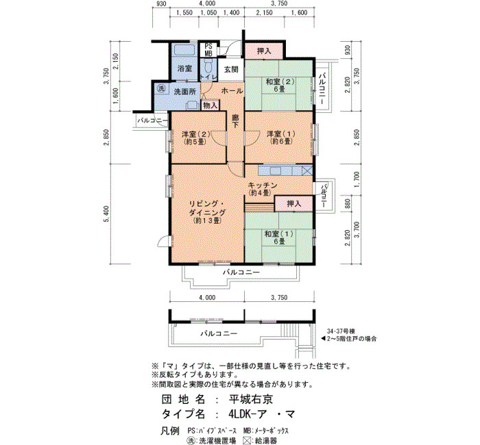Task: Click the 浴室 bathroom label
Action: click(x=185, y=68)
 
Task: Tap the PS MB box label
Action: click(x=208, y=50)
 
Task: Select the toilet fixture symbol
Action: click(x=208, y=65)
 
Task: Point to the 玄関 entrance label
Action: click(x=231, y=69)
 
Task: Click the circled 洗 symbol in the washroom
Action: click(x=160, y=88)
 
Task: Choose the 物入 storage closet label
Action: click(x=211, y=105)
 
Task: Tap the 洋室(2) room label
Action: click(x=195, y=138)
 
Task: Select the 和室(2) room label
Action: click(x=280, y=86)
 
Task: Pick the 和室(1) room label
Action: click(x=279, y=238)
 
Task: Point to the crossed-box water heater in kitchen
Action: click(x=307, y=170)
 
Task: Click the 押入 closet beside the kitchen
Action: click(x=294, y=203)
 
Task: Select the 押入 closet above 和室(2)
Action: click(x=263, y=51)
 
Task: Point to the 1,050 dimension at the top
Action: click(x=208, y=13)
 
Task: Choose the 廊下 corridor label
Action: click(x=235, y=120)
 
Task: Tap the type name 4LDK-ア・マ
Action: click(x=261, y=414)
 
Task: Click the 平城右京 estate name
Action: click(x=251, y=399)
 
